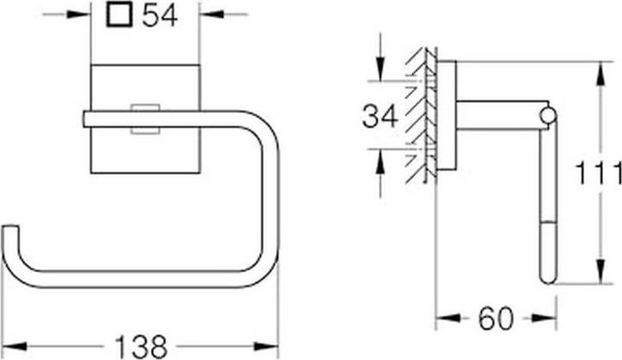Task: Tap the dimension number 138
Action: tap(140, 345)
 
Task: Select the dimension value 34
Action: tap(380, 116)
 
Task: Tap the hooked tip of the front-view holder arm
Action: tap(10, 231)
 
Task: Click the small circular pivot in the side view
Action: tap(548, 115)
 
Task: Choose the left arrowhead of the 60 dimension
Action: tap(441, 319)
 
